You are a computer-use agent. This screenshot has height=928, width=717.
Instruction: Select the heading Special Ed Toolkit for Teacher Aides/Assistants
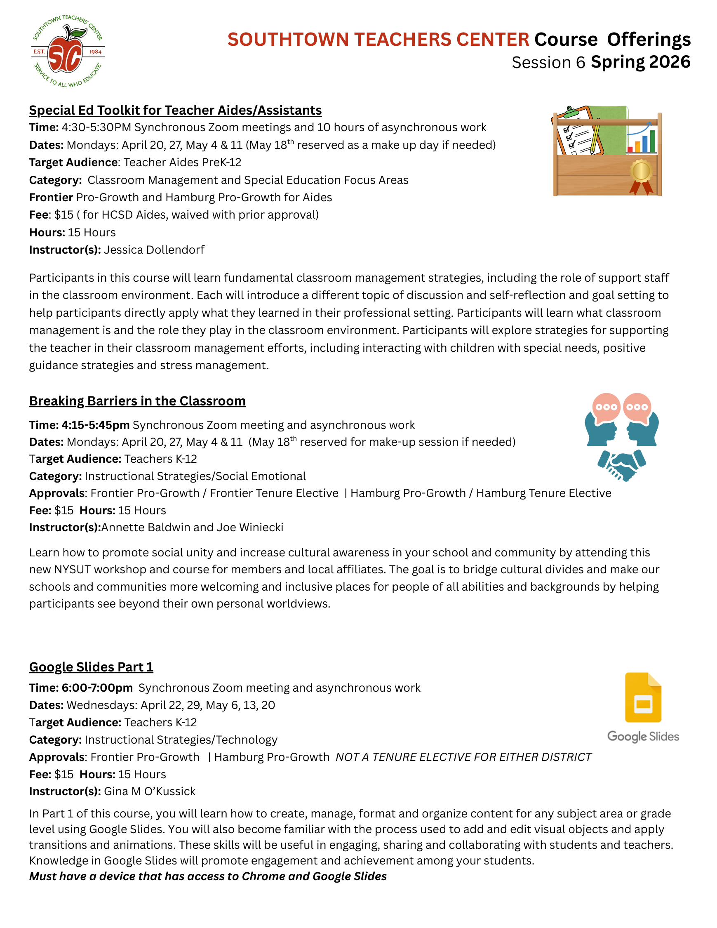click(x=175, y=111)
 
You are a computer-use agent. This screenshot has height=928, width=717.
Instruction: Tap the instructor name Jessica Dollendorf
click(x=154, y=250)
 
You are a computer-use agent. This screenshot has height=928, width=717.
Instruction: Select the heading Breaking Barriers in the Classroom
click(x=137, y=401)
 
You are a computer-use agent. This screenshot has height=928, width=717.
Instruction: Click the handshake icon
click(x=621, y=465)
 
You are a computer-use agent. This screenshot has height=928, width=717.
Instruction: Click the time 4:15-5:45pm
click(x=96, y=425)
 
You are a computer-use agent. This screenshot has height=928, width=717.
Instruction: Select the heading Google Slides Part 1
click(x=91, y=667)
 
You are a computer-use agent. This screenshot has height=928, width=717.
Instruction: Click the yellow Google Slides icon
click(x=643, y=697)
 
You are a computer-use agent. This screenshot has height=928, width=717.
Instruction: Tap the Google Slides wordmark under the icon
click(x=643, y=736)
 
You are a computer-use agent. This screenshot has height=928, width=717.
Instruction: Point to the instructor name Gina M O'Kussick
click(x=150, y=791)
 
